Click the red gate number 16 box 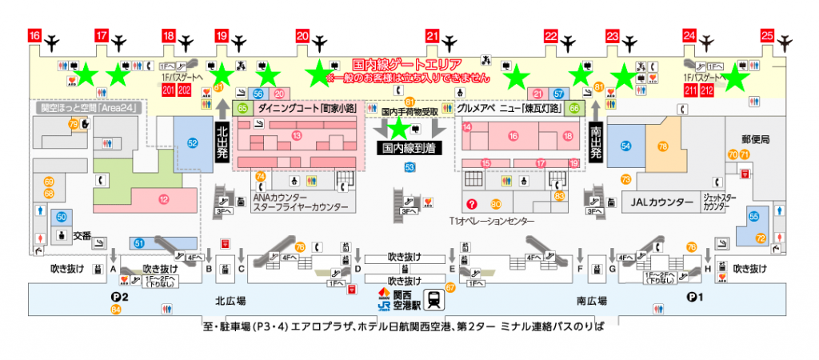(x=34, y=36)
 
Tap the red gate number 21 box (x=433, y=36)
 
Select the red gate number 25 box (x=766, y=36)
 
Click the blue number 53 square (x=410, y=167)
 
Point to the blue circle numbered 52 (x=192, y=142)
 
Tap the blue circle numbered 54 (x=625, y=146)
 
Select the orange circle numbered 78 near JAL (x=662, y=146)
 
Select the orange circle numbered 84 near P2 (x=116, y=309)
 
